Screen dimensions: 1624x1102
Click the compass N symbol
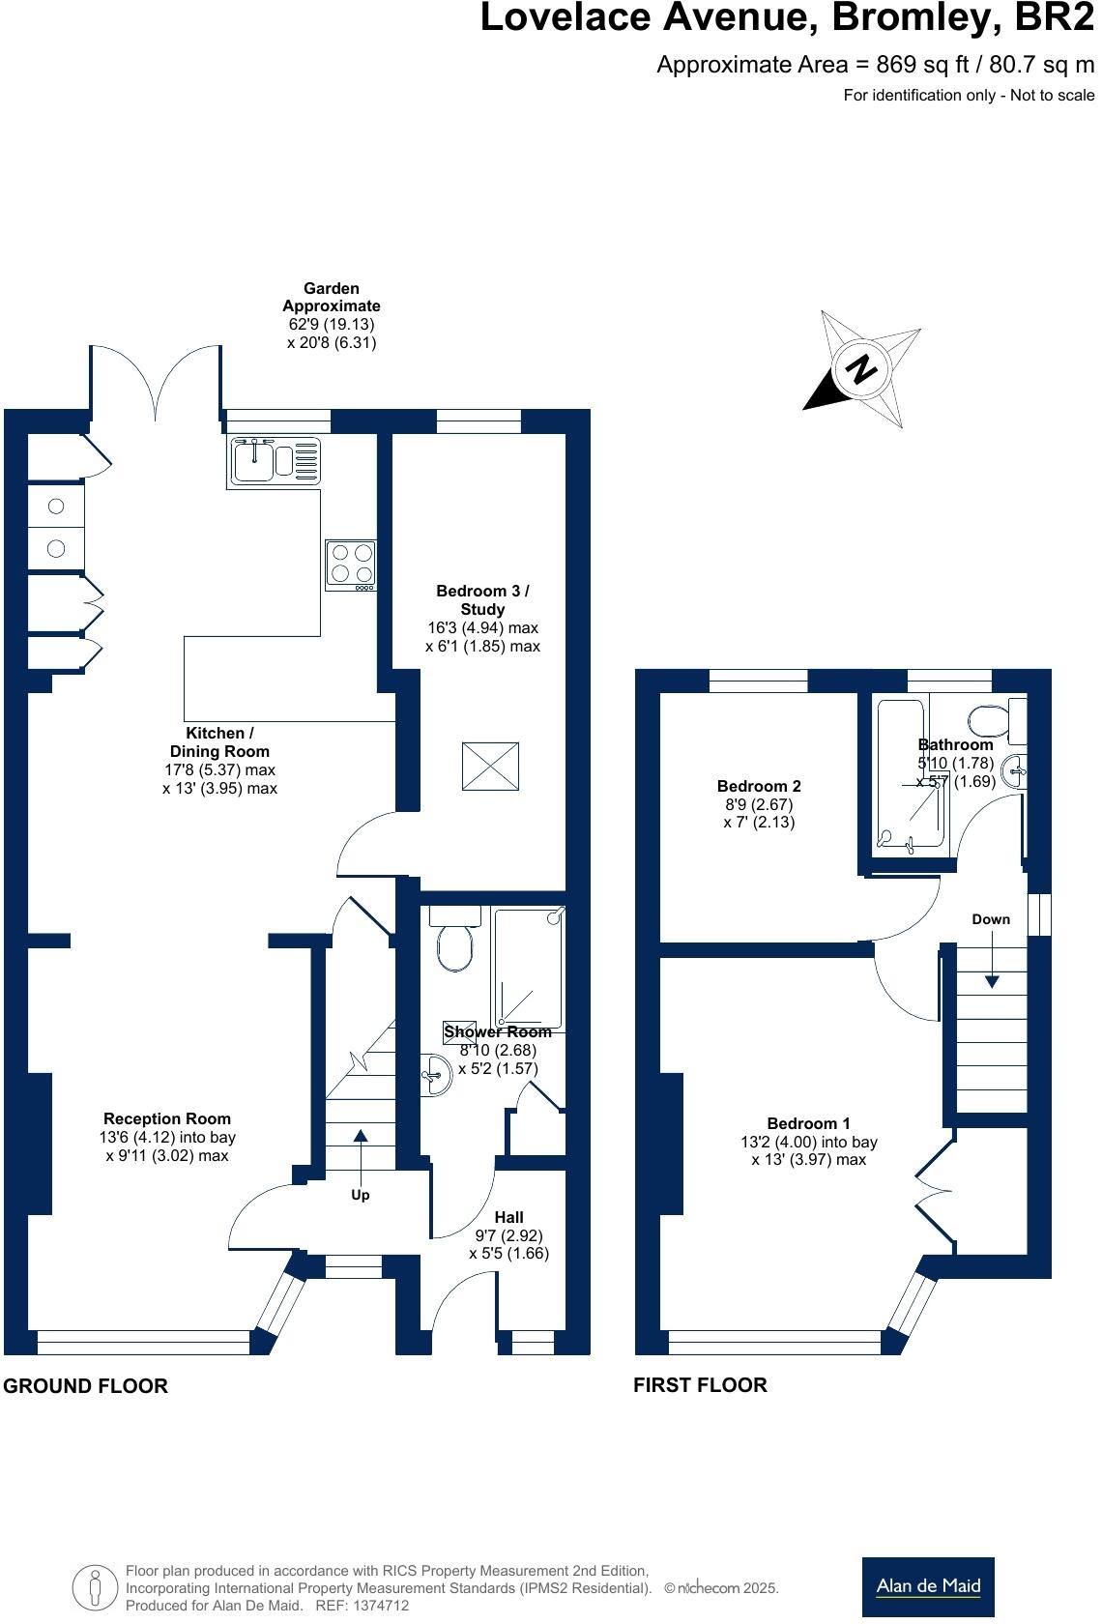point(861,368)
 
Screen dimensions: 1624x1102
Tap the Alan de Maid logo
point(927,1585)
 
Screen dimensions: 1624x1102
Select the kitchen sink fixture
point(275,461)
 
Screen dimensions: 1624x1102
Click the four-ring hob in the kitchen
point(351,564)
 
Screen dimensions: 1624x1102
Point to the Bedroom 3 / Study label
point(482,599)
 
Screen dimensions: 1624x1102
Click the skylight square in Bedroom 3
point(491,767)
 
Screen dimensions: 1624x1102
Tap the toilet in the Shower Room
point(455,942)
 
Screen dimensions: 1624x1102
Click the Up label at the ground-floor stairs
point(360,1195)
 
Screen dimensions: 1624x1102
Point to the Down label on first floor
point(991,919)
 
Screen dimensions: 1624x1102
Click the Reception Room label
point(167,1119)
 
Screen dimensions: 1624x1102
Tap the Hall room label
point(508,1217)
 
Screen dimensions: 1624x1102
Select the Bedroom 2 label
point(759,786)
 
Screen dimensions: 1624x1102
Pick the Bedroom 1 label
point(808,1123)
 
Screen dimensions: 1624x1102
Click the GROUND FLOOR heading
point(85,1386)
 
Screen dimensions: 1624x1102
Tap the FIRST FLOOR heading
point(700,1385)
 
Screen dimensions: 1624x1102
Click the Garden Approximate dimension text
point(332,315)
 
